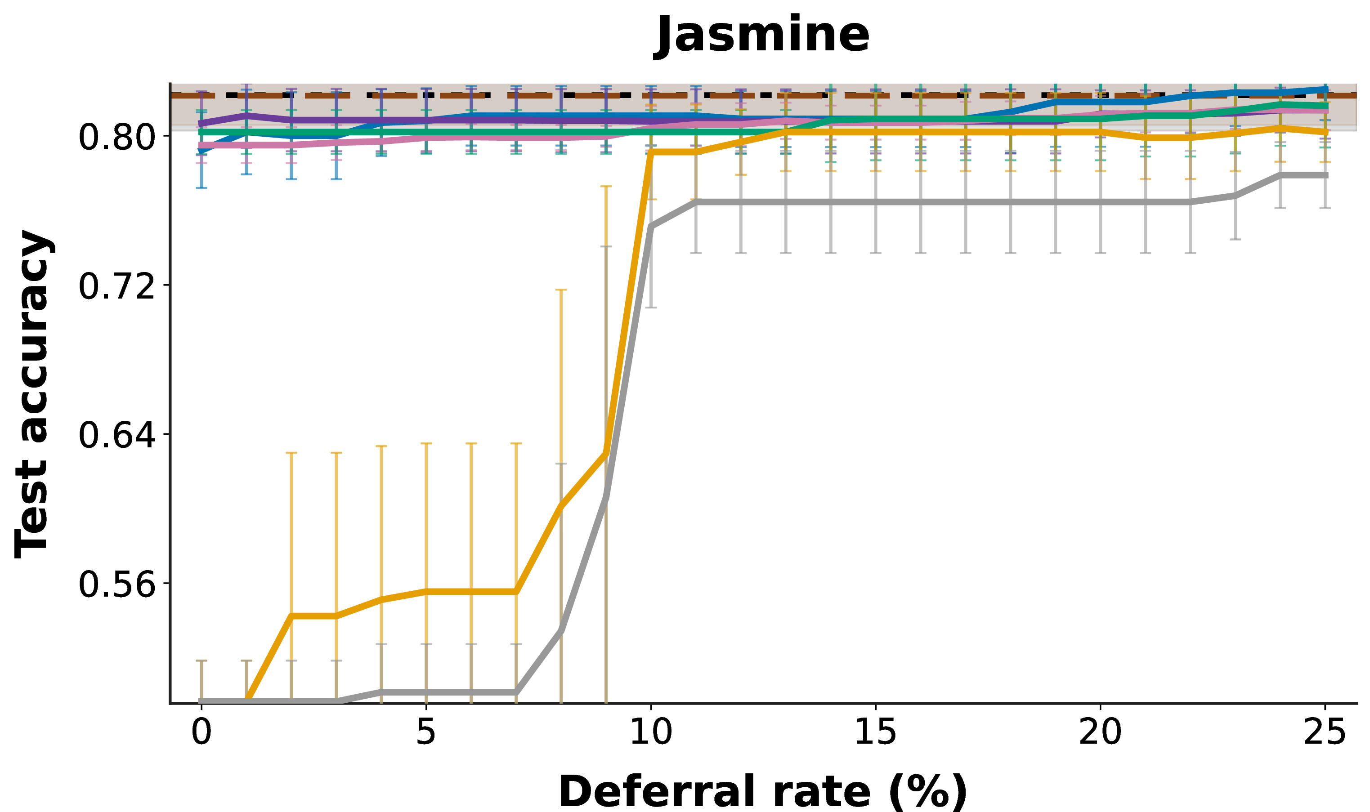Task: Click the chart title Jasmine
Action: pyautogui.click(x=763, y=35)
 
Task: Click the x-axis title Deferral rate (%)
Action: pyautogui.click(x=763, y=792)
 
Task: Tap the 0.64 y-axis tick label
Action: pyautogui.click(x=116, y=436)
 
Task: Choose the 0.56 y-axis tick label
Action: pyautogui.click(x=116, y=585)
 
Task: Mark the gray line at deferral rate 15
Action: pyautogui.click(x=876, y=202)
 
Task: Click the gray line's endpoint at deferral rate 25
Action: pyautogui.click(x=1325, y=175)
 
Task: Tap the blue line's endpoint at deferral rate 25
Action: pyautogui.click(x=1325, y=89)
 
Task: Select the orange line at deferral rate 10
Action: pyautogui.click(x=651, y=152)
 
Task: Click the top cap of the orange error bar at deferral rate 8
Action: pyautogui.click(x=561, y=290)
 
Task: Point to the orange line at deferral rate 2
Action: pyautogui.click(x=291, y=616)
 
